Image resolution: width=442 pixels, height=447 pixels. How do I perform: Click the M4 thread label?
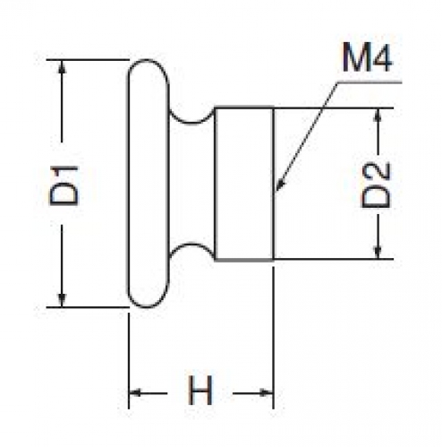tap(368, 57)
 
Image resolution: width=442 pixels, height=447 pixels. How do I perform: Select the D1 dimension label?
tap(64, 185)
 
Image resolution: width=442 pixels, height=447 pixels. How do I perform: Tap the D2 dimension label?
tap(376, 185)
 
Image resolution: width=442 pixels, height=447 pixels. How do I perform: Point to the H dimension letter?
tap(200, 391)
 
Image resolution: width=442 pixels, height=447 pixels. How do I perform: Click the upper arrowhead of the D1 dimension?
tap(62, 66)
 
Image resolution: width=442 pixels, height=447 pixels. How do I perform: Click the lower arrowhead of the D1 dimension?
tap(62, 300)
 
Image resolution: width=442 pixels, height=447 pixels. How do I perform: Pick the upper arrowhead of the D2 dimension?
tap(378, 115)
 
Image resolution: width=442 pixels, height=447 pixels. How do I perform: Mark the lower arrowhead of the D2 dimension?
tap(378, 252)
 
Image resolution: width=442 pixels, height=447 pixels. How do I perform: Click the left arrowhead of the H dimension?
tap(135, 392)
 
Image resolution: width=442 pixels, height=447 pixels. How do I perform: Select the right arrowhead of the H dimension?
tap(267, 393)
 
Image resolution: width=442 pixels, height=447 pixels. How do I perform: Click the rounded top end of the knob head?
tap(149, 60)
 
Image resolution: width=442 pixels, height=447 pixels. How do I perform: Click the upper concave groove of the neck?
tap(192, 122)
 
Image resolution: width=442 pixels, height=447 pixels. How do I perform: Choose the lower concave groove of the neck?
tap(192, 245)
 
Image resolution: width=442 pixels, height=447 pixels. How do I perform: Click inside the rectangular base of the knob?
tap(244, 184)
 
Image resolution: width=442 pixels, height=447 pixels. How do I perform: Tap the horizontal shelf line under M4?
tap(370, 82)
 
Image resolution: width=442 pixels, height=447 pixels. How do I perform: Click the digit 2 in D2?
tap(376, 172)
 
